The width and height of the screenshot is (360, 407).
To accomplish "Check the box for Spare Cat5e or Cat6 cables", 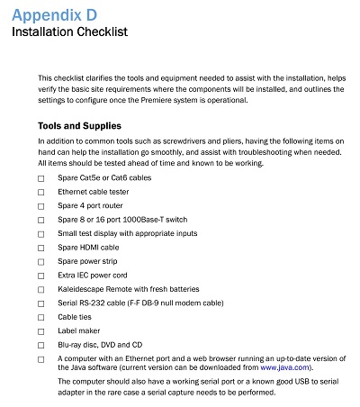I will click(x=40, y=179).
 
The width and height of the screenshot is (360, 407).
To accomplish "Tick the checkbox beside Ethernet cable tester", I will click(x=40, y=192).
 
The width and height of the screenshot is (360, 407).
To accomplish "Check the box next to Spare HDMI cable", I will click(x=40, y=247).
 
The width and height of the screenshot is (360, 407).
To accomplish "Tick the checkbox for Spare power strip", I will click(x=40, y=260).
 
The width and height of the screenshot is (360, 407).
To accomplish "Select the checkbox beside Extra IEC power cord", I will click(x=40, y=274).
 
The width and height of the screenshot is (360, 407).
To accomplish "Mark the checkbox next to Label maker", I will click(x=40, y=330).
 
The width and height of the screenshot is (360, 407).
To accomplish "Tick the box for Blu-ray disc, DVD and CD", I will click(x=40, y=344).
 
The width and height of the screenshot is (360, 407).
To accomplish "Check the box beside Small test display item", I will click(x=40, y=232).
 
